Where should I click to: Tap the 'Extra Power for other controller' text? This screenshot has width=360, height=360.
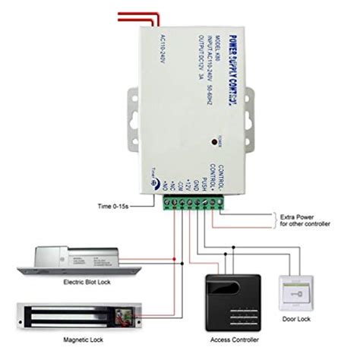point(304,220)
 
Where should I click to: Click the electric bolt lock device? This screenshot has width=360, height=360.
point(84,261)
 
